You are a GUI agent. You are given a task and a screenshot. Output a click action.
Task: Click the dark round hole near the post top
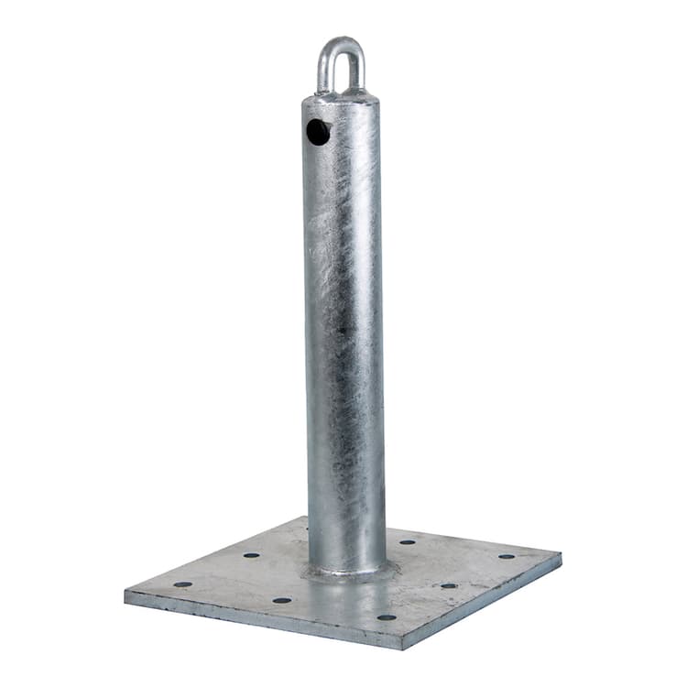pos(318,133)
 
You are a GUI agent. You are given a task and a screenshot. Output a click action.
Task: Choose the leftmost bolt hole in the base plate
pos(183,583)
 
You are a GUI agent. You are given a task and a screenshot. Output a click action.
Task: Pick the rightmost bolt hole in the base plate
pos(507,556)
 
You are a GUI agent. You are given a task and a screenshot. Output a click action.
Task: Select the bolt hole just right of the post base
pos(408,541)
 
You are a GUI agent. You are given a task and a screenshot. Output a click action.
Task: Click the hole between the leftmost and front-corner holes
pos(281,600)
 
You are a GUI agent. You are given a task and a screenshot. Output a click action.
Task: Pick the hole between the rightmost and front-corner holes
pos(448,585)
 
